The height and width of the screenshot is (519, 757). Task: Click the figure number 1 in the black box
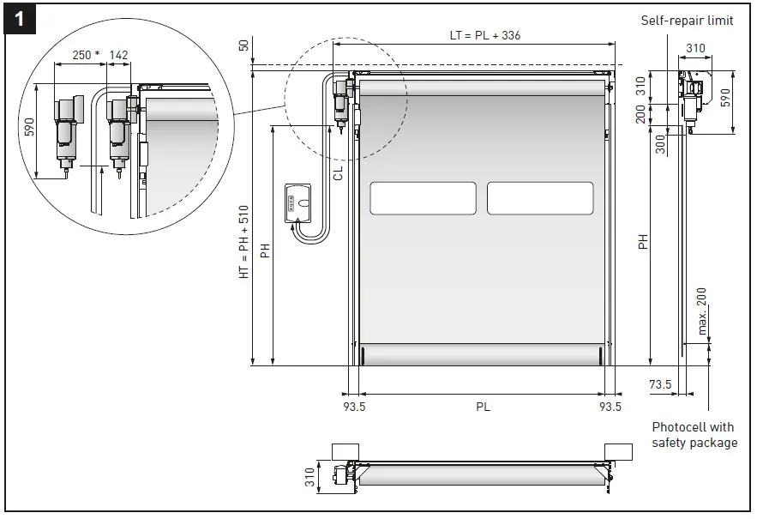(x=19, y=19)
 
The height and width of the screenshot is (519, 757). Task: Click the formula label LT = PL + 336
(x=484, y=35)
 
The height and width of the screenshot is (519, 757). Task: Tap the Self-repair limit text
(x=687, y=21)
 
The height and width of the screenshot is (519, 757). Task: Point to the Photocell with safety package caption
(x=694, y=435)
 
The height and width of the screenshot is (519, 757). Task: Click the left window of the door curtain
(x=423, y=198)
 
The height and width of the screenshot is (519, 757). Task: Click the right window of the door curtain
(x=540, y=198)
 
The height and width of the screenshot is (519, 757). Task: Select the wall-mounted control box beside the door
(x=301, y=203)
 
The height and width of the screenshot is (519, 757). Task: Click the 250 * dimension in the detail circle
(x=86, y=55)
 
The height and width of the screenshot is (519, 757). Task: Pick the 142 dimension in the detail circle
(x=120, y=55)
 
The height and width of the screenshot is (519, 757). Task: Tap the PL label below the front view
(x=483, y=407)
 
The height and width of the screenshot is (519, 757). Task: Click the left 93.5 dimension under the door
(x=354, y=407)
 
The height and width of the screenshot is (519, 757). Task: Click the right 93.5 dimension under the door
(x=610, y=407)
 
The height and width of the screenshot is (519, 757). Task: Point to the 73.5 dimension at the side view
(x=659, y=385)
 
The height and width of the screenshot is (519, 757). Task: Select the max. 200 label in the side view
(x=702, y=311)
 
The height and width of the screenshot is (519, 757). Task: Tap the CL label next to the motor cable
(x=338, y=172)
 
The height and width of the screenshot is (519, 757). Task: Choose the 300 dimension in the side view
(x=660, y=143)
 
